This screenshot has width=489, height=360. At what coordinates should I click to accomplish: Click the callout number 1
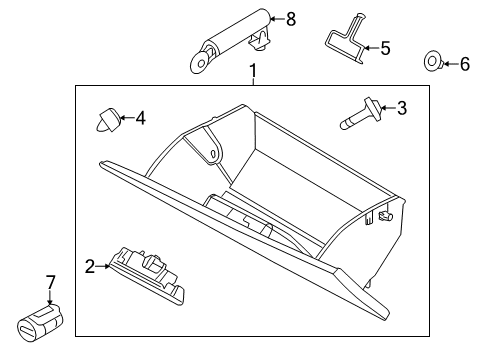[x=253, y=71]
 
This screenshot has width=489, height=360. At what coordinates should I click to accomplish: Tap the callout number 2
[x=89, y=266]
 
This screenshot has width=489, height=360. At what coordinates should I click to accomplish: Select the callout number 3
[x=402, y=108]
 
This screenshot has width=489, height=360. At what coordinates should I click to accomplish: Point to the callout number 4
[x=140, y=118]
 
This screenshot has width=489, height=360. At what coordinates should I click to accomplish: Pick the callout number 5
[x=385, y=46]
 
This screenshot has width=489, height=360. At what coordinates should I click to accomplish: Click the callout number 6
[x=463, y=63]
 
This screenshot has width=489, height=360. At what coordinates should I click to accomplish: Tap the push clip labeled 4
[x=108, y=119]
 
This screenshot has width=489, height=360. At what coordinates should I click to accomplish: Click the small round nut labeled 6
[x=433, y=62]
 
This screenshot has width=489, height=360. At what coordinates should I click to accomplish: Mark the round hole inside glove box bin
[x=214, y=155]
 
